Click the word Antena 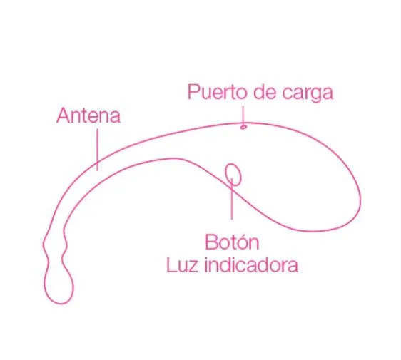click(88, 115)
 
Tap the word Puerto click(218, 92)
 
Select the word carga click(308, 93)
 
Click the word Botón click(232, 242)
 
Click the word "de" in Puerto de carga click(265, 92)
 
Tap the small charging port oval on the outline click(243, 126)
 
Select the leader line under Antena click(97, 150)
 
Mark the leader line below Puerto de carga click(243, 115)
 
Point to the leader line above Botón click(232, 198)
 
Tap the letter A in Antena click(63, 116)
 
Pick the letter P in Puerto click(193, 92)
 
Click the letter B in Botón click(210, 242)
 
